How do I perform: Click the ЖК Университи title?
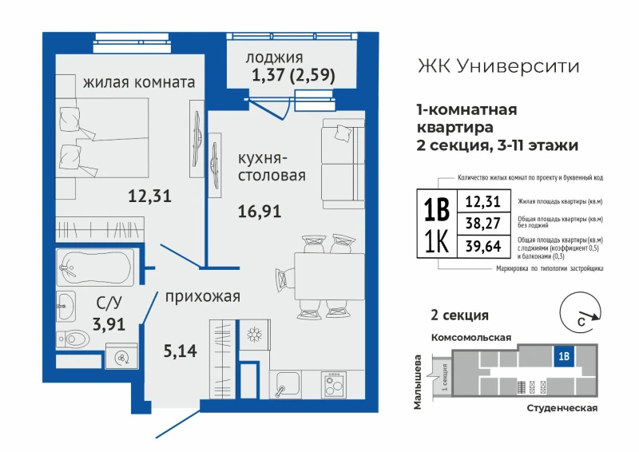tap(498, 66)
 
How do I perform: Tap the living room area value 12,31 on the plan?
tap(149, 196)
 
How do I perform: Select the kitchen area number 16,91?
tap(260, 211)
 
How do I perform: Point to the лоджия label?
tap(274, 57)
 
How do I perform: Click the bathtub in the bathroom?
tap(95, 268)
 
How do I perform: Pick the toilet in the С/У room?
tap(73, 339)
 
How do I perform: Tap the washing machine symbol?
tap(121, 358)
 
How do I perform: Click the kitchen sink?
tap(284, 384)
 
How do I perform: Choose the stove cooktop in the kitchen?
tap(333, 384)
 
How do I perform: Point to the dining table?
tap(329, 276)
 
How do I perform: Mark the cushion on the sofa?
tap(343, 133)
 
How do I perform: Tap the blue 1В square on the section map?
tap(564, 356)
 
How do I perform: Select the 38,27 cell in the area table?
tap(484, 224)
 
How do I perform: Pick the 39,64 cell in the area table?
tap(484, 246)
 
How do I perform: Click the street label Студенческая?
tap(562, 408)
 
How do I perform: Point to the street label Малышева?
tap(417, 382)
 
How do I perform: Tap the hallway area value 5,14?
tap(181, 351)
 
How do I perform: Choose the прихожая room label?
tap(203, 297)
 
